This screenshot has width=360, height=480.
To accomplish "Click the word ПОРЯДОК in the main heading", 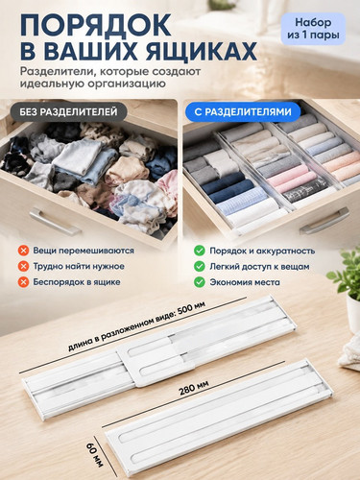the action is point(96,25).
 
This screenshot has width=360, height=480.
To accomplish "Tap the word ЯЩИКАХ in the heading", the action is point(202,50).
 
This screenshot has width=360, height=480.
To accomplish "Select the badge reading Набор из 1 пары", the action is point(313,29).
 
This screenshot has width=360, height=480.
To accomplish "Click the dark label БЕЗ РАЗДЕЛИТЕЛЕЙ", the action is point(68,111).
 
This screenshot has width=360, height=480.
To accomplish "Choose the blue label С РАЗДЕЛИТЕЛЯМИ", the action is point(243,111).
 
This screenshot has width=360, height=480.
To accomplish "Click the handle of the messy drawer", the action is point(54,221).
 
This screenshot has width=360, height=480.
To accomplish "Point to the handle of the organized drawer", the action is point(324,221).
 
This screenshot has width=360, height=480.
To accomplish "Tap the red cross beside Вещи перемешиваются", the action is point(23,251).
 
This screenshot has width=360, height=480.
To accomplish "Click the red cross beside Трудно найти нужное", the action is point(23,266).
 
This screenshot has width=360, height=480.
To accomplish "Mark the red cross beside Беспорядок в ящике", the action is point(23,282).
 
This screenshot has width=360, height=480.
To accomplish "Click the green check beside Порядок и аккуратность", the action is point(200,251).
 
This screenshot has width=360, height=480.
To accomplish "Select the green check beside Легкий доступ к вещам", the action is point(200,266).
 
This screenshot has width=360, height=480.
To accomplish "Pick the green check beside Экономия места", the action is point(200,282).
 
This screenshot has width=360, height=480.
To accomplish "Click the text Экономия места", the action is point(245,282).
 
